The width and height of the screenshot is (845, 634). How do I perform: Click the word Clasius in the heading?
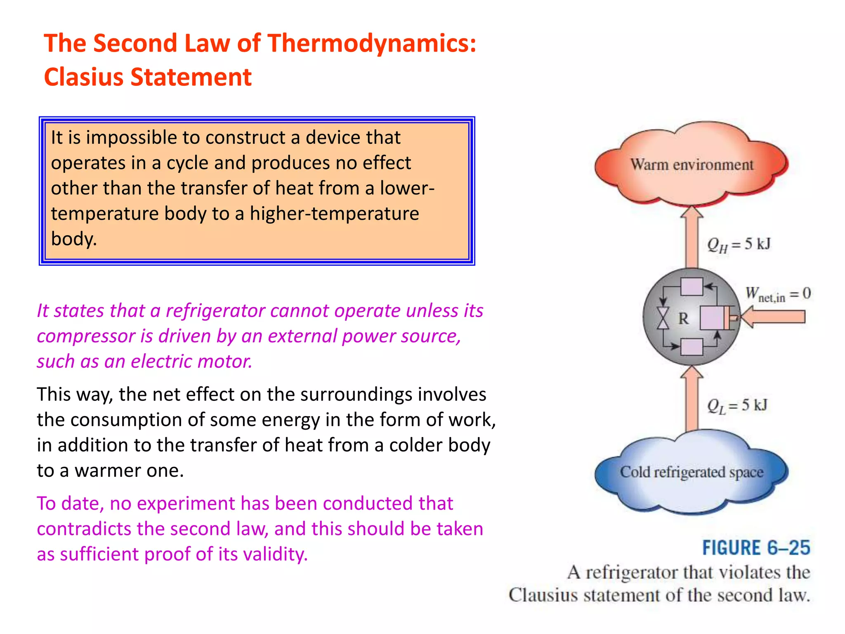[x=84, y=78]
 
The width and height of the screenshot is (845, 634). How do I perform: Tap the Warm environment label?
[x=692, y=165]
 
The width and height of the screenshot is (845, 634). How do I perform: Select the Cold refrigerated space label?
[x=692, y=472]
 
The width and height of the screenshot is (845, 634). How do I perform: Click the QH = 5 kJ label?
[x=739, y=244]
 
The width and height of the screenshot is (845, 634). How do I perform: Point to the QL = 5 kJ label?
[x=737, y=405]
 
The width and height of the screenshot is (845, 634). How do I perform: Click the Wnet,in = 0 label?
[x=778, y=294]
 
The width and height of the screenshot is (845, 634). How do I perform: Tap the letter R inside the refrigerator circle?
[x=684, y=319]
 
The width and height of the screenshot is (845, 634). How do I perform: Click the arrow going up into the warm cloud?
[x=692, y=237]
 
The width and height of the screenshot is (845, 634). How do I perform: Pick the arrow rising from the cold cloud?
[x=692, y=398]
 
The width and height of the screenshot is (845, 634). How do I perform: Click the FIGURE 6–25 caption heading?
[x=756, y=548]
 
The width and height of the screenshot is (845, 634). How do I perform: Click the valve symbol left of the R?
[x=663, y=318]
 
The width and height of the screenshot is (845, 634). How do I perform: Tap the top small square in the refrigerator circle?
[x=692, y=286]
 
